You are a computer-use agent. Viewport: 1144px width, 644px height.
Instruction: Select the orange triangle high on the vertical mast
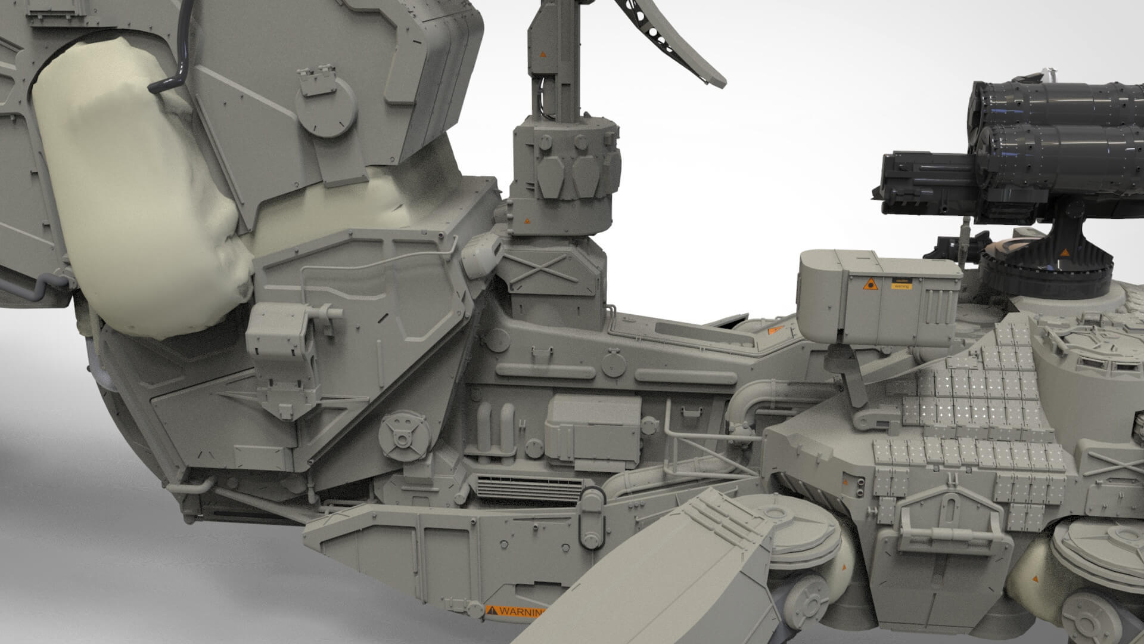tap(542, 54)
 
